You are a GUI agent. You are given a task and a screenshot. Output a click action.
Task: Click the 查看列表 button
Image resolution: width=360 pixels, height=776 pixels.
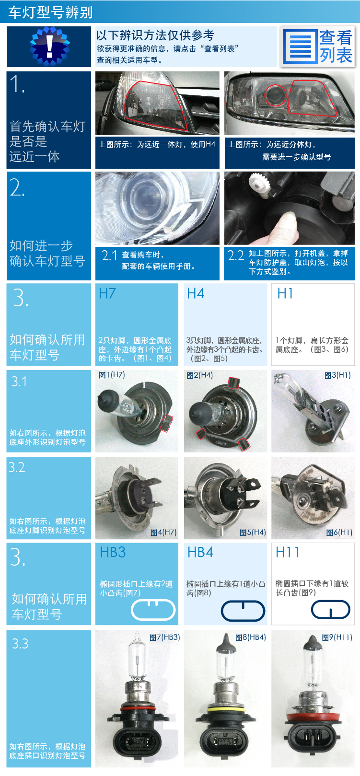[317, 46]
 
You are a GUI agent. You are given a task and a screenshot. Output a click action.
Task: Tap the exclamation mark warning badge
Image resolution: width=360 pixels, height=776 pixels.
[49, 46]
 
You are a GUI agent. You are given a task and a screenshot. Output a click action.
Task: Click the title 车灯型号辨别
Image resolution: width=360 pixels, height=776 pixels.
[51, 12]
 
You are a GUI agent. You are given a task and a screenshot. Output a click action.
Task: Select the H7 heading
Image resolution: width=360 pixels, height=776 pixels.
[107, 293]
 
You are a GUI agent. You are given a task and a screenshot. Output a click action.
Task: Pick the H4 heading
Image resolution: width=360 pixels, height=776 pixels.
[196, 293]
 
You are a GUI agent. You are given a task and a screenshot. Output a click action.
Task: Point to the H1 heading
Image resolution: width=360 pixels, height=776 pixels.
[285, 293]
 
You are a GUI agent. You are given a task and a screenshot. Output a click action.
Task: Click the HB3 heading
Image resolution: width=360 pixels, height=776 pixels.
[113, 552]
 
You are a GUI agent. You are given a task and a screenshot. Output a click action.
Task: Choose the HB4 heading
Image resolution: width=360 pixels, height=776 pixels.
[200, 552]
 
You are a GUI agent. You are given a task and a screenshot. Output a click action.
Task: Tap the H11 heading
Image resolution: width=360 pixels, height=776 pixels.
[287, 552]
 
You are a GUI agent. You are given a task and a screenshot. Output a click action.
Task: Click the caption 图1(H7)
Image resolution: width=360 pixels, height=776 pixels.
[112, 374]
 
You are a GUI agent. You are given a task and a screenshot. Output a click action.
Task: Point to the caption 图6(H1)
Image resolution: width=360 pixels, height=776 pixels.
[339, 532]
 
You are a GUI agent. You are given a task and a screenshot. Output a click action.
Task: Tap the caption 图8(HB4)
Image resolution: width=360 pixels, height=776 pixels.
[251, 637]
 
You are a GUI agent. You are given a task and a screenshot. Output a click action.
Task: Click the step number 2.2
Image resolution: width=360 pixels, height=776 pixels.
[236, 255]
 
